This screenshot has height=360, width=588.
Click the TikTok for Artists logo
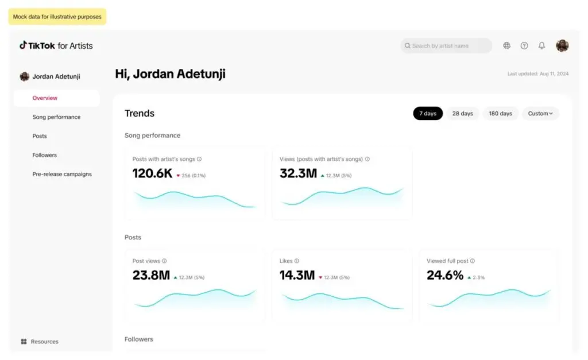click(x=56, y=46)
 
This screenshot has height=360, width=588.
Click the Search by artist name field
click(x=446, y=46)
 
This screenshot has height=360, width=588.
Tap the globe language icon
click(x=506, y=46)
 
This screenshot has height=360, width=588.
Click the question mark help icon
click(x=524, y=46)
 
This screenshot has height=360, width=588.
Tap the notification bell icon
click(x=541, y=46)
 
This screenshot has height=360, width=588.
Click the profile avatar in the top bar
click(x=562, y=46)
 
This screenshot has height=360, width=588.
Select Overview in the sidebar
click(x=45, y=98)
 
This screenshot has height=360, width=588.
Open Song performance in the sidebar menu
click(x=56, y=117)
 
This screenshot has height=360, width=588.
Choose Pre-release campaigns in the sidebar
click(x=62, y=174)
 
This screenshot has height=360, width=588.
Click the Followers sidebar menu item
click(x=44, y=155)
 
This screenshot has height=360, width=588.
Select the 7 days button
click(x=428, y=114)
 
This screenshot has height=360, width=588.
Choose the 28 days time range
click(x=462, y=114)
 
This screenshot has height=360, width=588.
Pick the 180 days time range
click(x=500, y=114)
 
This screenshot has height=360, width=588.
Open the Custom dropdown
click(x=540, y=114)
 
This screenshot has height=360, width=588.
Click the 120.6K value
click(x=152, y=173)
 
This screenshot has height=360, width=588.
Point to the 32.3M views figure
click(x=298, y=173)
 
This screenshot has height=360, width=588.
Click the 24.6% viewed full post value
click(x=445, y=276)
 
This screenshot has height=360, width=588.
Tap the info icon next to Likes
click(x=297, y=261)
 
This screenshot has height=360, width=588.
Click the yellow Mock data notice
click(x=57, y=17)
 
